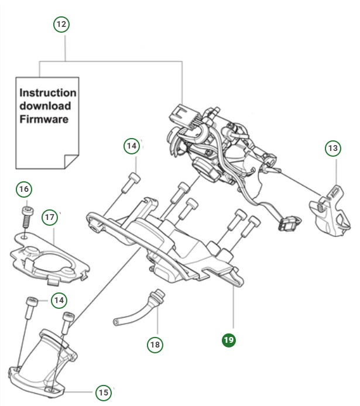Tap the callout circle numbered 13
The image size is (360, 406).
pyautogui.click(x=332, y=148)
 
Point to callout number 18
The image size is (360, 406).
pyautogui.click(x=155, y=345)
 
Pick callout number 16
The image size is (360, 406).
pyautogui.click(x=23, y=190)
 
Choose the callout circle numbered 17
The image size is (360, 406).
pyautogui.click(x=50, y=217)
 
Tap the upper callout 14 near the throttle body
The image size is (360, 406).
pyautogui.click(x=132, y=145)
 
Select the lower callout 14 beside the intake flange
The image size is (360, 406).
pyautogui.click(x=58, y=301)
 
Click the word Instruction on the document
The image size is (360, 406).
pyautogui.click(x=48, y=93)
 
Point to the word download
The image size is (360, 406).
pyautogui.click(x=45, y=106)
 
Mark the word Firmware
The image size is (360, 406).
pyautogui.click(x=44, y=119)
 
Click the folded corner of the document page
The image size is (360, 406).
pyautogui.click(x=71, y=160)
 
